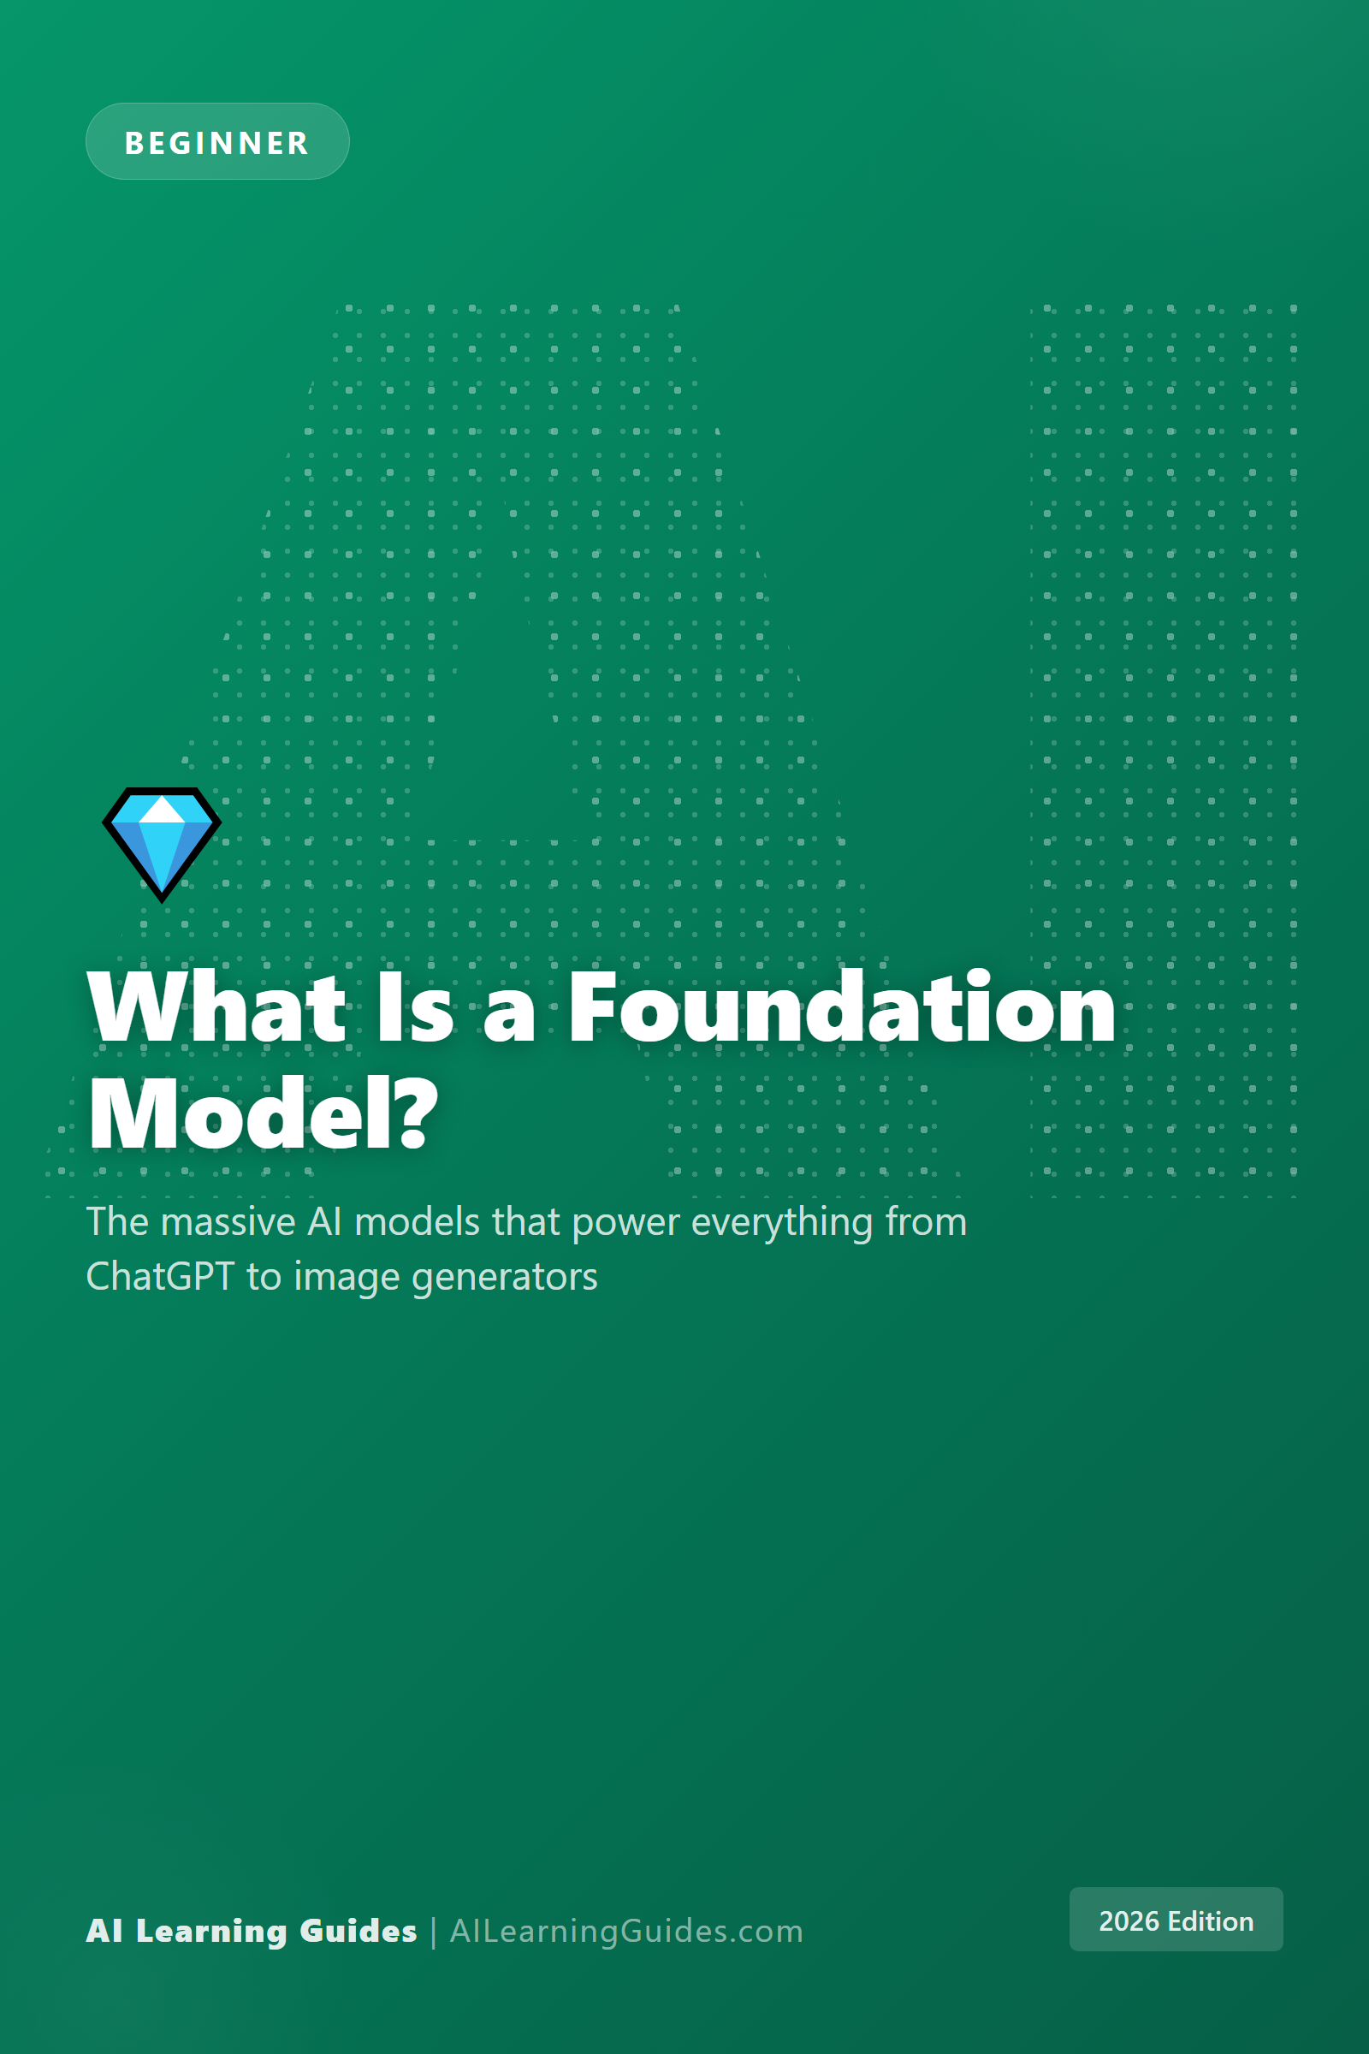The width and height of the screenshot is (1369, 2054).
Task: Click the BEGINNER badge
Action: (217, 141)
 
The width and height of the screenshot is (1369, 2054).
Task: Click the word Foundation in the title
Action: (843, 1008)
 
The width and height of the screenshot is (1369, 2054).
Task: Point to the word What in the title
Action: (217, 1008)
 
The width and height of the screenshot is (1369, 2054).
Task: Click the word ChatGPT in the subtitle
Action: (160, 1276)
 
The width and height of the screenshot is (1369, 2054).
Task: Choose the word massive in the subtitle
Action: (228, 1221)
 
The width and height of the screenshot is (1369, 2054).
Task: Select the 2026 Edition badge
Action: (1176, 1920)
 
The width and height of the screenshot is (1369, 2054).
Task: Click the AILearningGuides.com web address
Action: (626, 1931)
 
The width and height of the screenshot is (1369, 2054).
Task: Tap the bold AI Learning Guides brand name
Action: (252, 1931)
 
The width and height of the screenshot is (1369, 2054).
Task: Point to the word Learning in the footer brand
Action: (211, 1932)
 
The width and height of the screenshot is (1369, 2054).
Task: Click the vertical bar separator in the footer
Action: (433, 1932)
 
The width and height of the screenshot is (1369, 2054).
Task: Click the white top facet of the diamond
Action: (162, 810)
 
